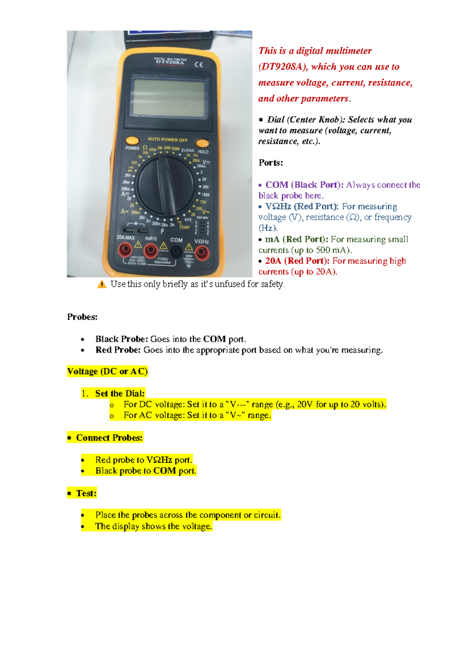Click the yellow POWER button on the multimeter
coord(132,140)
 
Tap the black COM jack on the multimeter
coord(176,252)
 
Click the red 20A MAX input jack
coord(125,249)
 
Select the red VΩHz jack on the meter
coord(202,253)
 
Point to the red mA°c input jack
coord(151,251)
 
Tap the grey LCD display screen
coord(168,98)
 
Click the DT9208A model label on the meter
coord(170,62)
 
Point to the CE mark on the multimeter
coord(199,65)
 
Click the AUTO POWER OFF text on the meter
coord(167,140)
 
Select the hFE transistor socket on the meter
coord(202,227)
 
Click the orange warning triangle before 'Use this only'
coord(102,285)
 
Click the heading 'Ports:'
coord(270,163)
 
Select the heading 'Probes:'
coord(82,317)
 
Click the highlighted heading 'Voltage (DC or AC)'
coord(107,371)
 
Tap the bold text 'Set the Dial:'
coord(120,394)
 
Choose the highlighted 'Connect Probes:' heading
coord(109,438)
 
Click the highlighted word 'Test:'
coord(86,493)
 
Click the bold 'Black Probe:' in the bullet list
coord(122,339)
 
